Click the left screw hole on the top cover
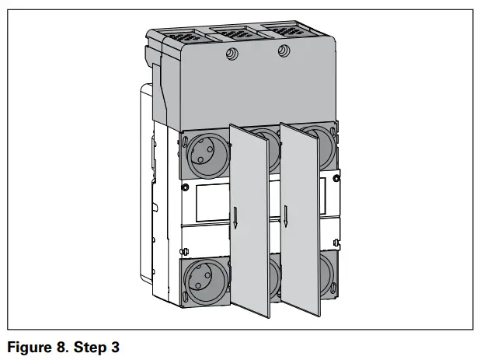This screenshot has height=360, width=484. coord(231,54)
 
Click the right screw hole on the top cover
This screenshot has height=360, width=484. coord(284,51)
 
